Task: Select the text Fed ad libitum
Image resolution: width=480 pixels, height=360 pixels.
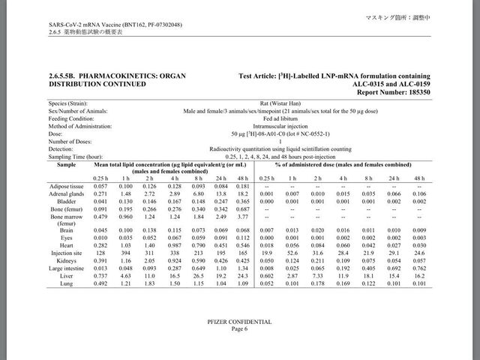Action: (279, 118)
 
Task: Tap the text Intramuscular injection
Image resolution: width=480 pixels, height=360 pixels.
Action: (279, 126)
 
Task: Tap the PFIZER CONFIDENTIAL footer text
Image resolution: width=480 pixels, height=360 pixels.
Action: (239, 321)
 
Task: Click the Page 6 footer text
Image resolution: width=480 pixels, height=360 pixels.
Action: (239, 328)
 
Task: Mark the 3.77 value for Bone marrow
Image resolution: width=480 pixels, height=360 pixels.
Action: (242, 215)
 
